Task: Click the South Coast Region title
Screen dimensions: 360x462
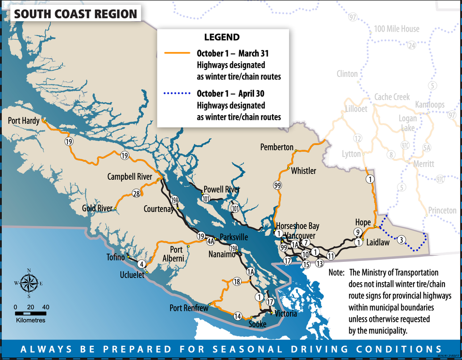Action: [x=75, y=14]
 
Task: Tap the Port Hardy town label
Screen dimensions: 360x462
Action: [x=24, y=121]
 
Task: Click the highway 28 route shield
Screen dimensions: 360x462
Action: [x=136, y=193]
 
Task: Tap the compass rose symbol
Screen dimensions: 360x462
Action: [x=29, y=283]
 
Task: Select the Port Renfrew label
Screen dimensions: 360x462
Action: [x=189, y=308]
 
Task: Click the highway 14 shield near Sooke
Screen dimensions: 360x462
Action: [x=238, y=316]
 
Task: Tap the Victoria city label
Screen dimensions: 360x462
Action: [x=285, y=313]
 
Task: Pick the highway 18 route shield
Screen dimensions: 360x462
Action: [x=237, y=282]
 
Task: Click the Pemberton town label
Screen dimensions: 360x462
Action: [x=277, y=148]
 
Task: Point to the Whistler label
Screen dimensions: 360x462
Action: [x=303, y=170]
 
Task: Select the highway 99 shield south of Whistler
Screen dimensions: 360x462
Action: [x=278, y=185]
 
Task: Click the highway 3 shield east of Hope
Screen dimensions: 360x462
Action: [x=401, y=239]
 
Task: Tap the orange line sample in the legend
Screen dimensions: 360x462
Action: [x=176, y=53]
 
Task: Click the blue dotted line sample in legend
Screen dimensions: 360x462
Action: [x=176, y=93]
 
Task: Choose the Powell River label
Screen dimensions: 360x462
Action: [x=223, y=189]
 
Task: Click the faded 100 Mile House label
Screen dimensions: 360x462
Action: [x=396, y=29]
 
